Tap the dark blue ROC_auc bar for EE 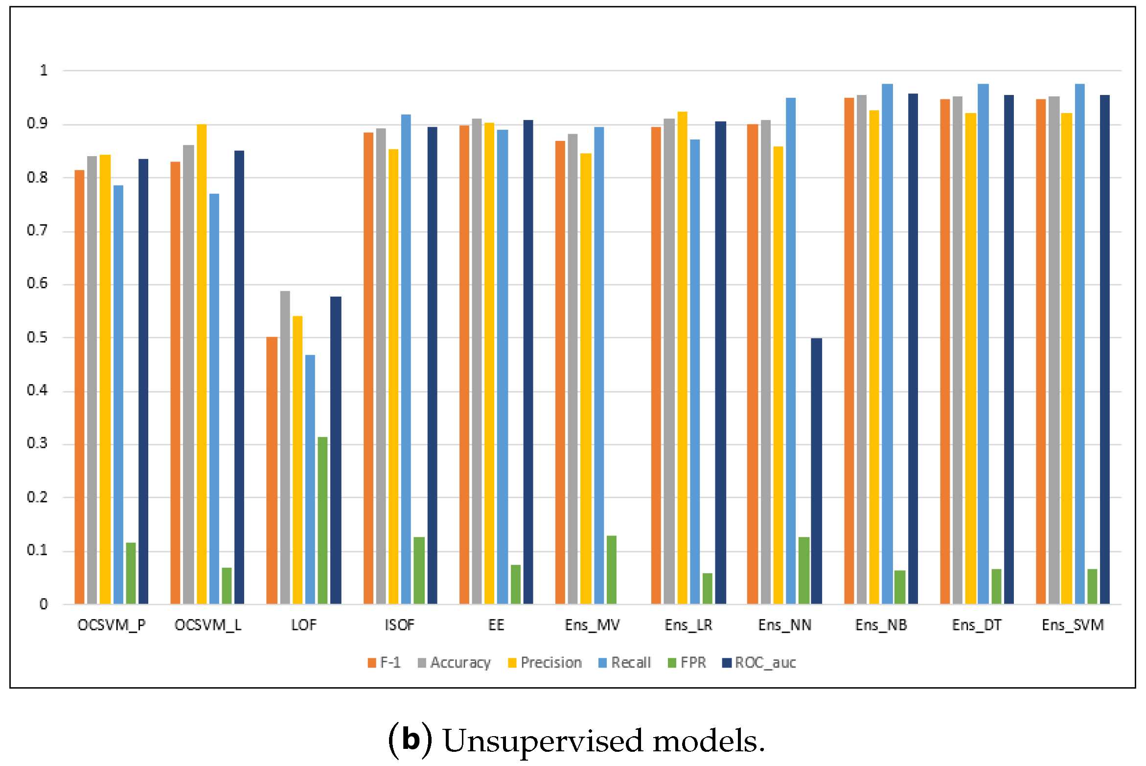tap(528, 362)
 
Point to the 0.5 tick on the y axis tap(37, 338)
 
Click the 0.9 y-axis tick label tap(37, 124)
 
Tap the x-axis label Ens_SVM tap(1073, 625)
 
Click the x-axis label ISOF tap(399, 625)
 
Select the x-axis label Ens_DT tap(977, 625)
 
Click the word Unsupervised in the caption tap(543, 741)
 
